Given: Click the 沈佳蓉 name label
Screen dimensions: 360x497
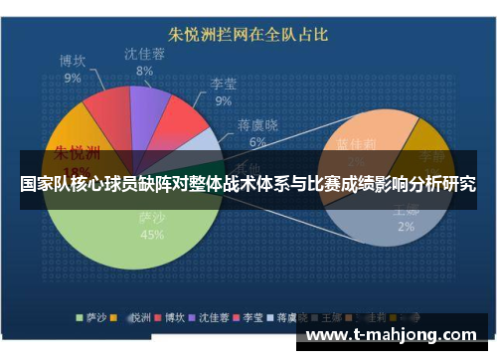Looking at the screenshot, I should [x=145, y=54].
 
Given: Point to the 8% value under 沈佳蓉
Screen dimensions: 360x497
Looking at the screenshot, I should [x=145, y=71].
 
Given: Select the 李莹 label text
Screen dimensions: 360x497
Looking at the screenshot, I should [x=223, y=84].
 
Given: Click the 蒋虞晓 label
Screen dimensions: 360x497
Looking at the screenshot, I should [x=257, y=125].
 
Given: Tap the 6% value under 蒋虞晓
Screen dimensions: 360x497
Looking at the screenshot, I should [x=257, y=141].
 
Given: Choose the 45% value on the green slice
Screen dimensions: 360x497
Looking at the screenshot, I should [x=152, y=235].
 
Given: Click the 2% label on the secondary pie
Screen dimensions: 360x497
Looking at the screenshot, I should [x=407, y=226].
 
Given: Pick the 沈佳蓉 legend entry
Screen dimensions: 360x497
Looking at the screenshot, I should [x=205, y=318].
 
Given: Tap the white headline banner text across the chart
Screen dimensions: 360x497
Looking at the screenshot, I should [x=248, y=184].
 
